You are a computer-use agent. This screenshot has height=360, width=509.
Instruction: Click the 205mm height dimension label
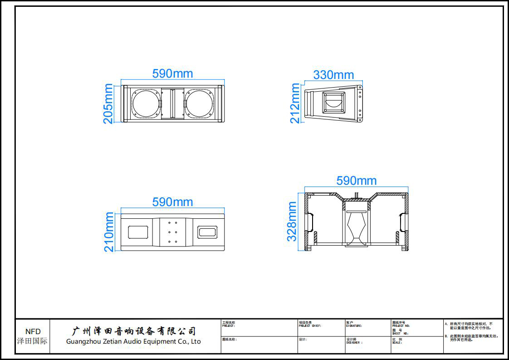[x=108, y=104]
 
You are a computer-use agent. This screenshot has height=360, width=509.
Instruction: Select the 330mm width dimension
[x=333, y=75]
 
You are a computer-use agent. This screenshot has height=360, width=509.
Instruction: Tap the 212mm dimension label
[x=295, y=104]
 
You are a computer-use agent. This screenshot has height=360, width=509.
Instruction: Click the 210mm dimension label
[x=109, y=232]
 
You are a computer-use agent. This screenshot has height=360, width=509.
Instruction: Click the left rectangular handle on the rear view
[x=138, y=232]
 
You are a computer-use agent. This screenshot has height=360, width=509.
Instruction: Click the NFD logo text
[x=33, y=332]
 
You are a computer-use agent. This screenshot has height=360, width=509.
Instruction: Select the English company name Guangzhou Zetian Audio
[x=133, y=341]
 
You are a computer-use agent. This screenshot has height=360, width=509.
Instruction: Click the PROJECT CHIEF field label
[x=310, y=325]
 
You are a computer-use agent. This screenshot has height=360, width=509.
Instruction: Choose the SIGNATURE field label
[x=354, y=325]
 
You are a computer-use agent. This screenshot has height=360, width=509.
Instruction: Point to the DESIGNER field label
[x=354, y=343]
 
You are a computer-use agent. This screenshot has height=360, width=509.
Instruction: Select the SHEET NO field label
[x=400, y=333]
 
